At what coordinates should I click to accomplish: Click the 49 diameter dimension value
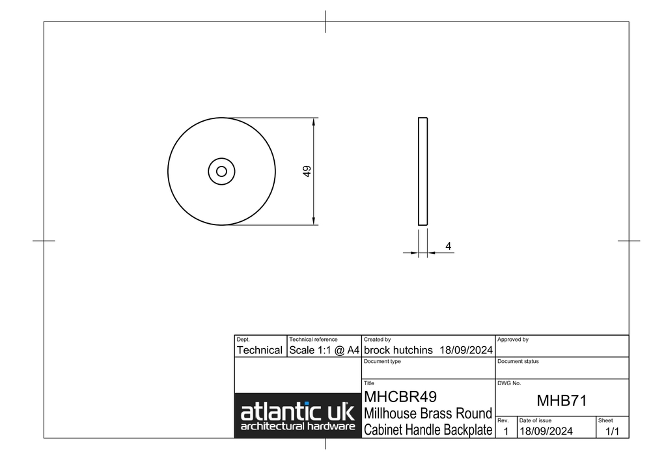(x=307, y=171)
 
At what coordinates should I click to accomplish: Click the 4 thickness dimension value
(x=449, y=246)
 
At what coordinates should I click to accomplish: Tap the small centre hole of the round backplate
(x=221, y=171)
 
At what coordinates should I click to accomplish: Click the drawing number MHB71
(x=562, y=401)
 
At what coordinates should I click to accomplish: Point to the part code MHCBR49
(x=400, y=397)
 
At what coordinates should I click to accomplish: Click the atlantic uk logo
(x=298, y=416)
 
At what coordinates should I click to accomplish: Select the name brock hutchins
(x=398, y=350)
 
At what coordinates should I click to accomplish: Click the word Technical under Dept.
(x=260, y=350)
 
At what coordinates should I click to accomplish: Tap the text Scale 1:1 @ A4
(x=324, y=350)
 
